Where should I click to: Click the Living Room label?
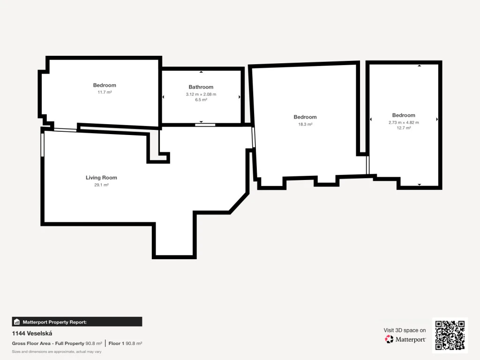click(x=101, y=178)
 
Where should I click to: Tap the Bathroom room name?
click(x=201, y=87)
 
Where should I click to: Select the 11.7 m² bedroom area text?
click(x=105, y=92)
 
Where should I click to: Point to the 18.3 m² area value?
click(x=305, y=124)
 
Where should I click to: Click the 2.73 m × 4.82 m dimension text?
click(x=404, y=122)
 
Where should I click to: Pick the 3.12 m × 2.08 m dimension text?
click(x=201, y=94)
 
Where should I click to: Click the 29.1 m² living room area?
click(x=101, y=185)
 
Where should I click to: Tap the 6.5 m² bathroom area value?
click(x=201, y=100)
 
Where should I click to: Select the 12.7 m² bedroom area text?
click(x=404, y=128)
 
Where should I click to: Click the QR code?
click(x=450, y=335)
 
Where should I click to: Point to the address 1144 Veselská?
click(x=32, y=333)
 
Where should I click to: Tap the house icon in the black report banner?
click(x=17, y=322)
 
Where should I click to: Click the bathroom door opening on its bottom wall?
click(x=205, y=125)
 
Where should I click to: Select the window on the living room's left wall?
click(x=43, y=145)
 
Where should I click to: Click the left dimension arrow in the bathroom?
click(x=163, y=97)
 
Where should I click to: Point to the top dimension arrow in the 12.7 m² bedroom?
click(x=420, y=66)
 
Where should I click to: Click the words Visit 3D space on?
click(x=405, y=330)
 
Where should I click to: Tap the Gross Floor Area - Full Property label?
click(x=48, y=344)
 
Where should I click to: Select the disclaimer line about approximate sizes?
click(x=57, y=352)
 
